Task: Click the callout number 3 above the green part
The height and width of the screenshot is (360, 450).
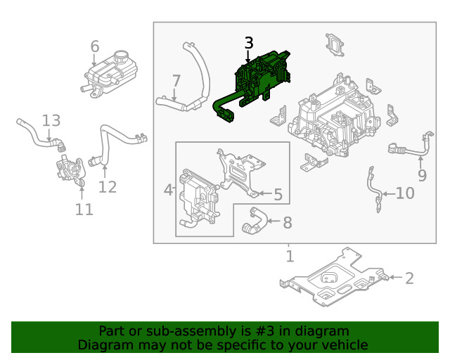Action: (x=248, y=43)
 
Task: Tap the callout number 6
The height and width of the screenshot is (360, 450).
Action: (x=95, y=46)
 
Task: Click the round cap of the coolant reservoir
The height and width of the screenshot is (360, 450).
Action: (x=122, y=57)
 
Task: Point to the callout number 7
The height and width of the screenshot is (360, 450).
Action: (x=176, y=81)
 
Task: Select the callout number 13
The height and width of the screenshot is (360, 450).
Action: (x=51, y=121)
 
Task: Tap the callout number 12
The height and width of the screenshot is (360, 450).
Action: (x=107, y=186)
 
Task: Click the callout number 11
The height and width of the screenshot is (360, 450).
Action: (x=84, y=210)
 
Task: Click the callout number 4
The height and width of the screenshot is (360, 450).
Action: (x=169, y=190)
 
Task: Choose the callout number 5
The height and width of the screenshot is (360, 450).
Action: (x=278, y=193)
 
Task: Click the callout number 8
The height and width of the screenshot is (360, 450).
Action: (x=287, y=223)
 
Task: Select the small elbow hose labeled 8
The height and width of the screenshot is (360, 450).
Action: (x=253, y=221)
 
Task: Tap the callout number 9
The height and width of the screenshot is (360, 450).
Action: (x=422, y=175)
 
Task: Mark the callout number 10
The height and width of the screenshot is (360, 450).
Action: (x=405, y=193)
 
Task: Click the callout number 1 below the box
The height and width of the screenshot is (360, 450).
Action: (x=290, y=256)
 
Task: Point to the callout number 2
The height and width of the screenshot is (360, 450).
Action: (x=409, y=278)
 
